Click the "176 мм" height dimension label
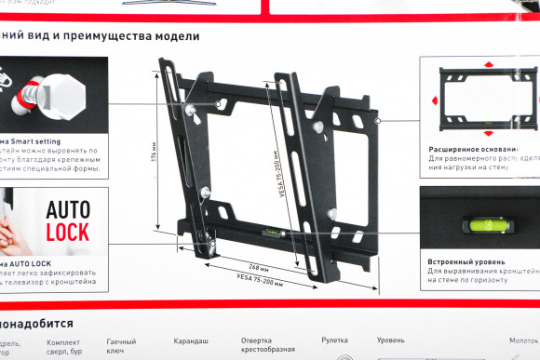point(154,152)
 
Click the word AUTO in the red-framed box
point(68,210)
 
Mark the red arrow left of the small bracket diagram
point(433,100)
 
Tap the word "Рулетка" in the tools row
point(334,341)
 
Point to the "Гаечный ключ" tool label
point(119,347)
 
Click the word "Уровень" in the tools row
point(391,341)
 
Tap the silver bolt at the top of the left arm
point(190,110)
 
